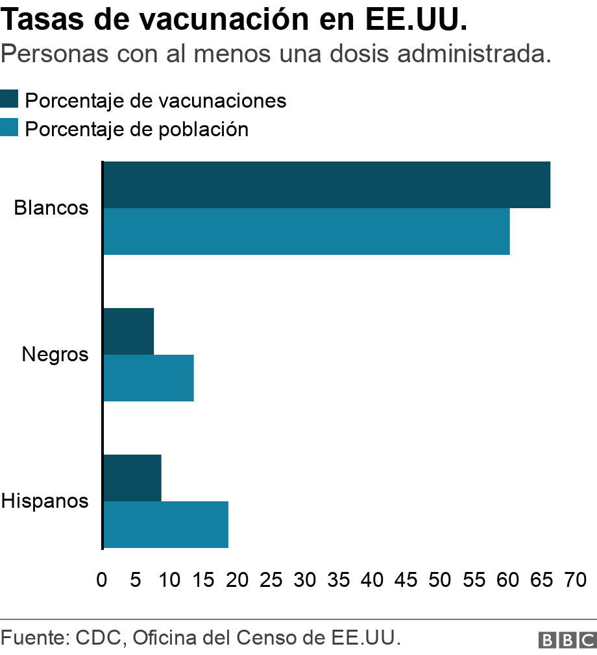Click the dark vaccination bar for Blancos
[x=326, y=185]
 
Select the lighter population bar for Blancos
[x=306, y=232]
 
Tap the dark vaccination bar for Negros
[x=128, y=331]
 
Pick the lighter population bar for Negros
[x=149, y=378]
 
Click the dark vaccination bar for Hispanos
[x=132, y=478]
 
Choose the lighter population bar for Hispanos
[x=165, y=525]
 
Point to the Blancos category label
[x=51, y=208]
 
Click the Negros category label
[x=55, y=355]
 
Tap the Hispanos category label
[x=45, y=501]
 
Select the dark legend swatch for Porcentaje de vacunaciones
[x=9, y=99]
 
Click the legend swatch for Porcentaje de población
[x=9, y=128]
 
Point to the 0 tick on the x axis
[x=102, y=579]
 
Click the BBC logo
[x=567, y=640]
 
